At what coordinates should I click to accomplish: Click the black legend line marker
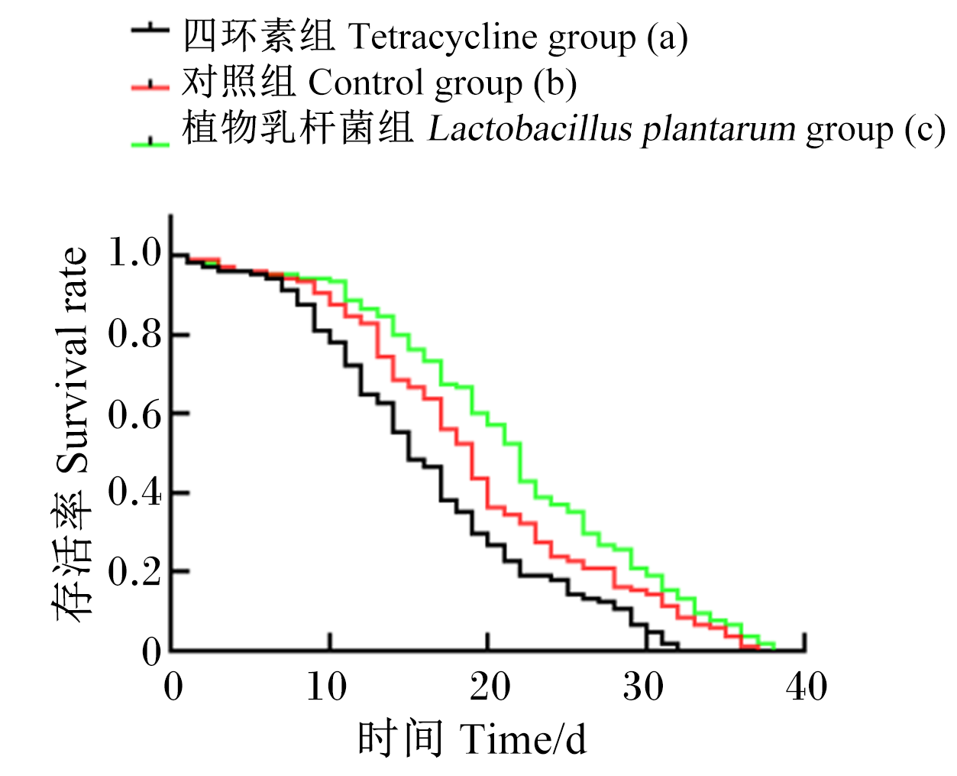click(x=150, y=30)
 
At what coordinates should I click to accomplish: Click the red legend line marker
click(x=150, y=86)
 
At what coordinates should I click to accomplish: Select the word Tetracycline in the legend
click(x=442, y=37)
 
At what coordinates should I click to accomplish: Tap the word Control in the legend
click(x=366, y=83)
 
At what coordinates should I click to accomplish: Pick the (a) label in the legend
click(x=668, y=37)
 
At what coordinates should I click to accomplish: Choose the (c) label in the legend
click(x=925, y=131)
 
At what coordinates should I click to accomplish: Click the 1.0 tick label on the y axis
click(x=134, y=252)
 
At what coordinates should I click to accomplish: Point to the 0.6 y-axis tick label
click(x=134, y=414)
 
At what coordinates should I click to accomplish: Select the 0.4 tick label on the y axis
click(x=134, y=492)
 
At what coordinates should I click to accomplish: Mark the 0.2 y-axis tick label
click(x=134, y=571)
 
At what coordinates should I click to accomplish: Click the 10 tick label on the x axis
click(x=327, y=687)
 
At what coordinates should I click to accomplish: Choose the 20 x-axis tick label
click(x=490, y=687)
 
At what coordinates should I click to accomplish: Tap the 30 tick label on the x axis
click(x=643, y=687)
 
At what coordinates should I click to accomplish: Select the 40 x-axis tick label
click(x=807, y=687)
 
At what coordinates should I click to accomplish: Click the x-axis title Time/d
click(x=522, y=739)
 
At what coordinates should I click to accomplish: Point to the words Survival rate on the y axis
click(x=72, y=360)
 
